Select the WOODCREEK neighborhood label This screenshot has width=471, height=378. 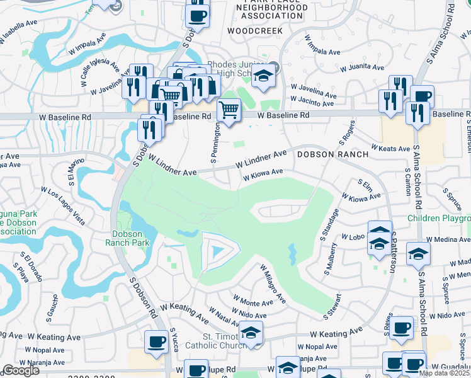[x=252, y=30]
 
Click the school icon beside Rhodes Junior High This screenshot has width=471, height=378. [x=264, y=76]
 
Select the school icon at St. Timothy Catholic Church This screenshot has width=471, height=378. [x=251, y=332]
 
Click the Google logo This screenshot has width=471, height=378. [x=20, y=370]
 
